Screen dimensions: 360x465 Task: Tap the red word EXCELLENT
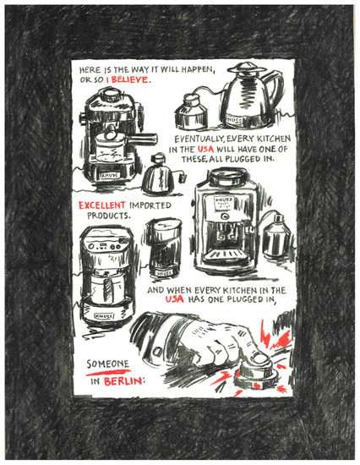(101, 205)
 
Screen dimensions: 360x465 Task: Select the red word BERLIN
(123, 380)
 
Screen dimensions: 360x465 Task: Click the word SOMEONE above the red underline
(108, 364)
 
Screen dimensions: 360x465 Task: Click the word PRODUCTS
(108, 216)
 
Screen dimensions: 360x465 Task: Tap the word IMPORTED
(150, 205)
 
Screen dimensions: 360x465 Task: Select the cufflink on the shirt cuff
(157, 352)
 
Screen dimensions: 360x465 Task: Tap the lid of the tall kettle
(247, 68)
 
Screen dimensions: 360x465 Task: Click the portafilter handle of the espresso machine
(143, 139)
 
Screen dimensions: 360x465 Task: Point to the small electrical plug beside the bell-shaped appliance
(182, 178)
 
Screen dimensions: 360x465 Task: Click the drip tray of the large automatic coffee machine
(226, 255)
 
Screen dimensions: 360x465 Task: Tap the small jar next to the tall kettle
(190, 112)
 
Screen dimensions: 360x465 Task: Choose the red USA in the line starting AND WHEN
(174, 299)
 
